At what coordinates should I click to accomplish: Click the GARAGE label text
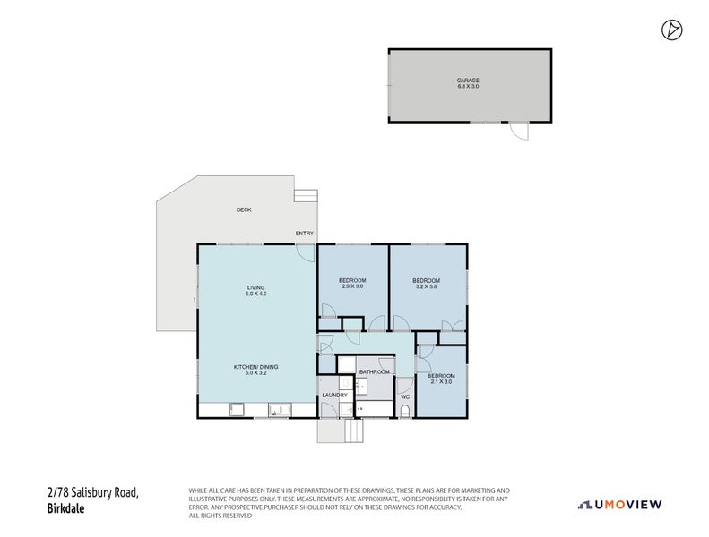click(468, 80)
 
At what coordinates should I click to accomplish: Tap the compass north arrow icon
click(671, 30)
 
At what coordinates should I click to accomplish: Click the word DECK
click(244, 209)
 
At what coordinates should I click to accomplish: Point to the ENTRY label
click(305, 234)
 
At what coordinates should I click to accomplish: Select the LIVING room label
click(256, 287)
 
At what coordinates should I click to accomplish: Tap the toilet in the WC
click(404, 411)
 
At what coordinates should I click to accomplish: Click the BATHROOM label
click(375, 371)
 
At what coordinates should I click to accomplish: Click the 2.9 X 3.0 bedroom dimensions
click(351, 287)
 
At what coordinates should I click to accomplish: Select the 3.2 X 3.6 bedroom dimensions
click(426, 287)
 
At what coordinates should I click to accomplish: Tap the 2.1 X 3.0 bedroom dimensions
click(440, 382)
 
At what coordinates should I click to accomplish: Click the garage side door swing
click(519, 132)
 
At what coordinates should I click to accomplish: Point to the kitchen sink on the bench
click(278, 411)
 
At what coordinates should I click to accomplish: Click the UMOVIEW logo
click(620, 505)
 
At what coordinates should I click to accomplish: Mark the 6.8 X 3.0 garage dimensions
click(468, 87)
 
